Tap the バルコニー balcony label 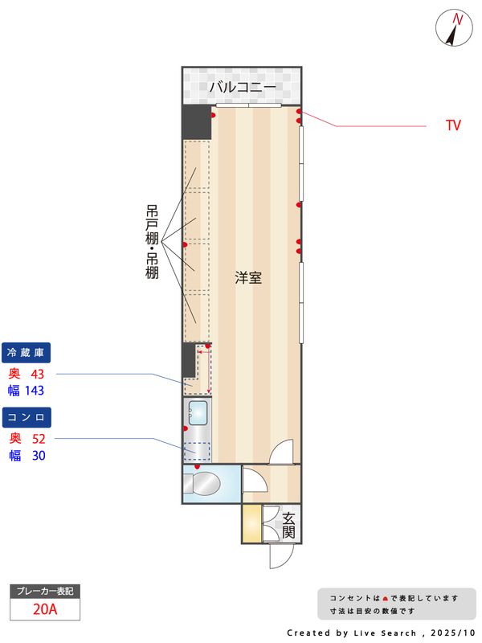[243, 88]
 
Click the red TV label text [453, 126]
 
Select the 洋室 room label [248, 278]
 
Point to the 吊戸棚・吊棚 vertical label [152, 241]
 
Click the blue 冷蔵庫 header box [28, 352]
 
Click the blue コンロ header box [28, 416]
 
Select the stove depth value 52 [39, 439]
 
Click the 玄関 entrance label [288, 526]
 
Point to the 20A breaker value [45, 609]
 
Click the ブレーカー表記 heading [45, 592]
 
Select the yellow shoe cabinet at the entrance [251, 526]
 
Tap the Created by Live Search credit [381, 633]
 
